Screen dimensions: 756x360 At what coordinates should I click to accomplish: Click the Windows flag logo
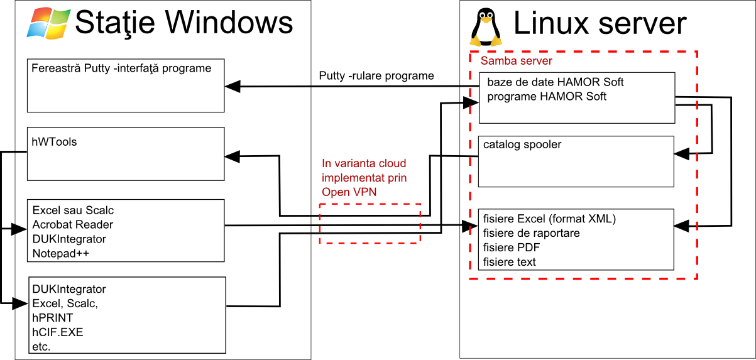(48, 23)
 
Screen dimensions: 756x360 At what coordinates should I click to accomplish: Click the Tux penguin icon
(486, 27)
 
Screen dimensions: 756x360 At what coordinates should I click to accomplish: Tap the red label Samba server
(517, 61)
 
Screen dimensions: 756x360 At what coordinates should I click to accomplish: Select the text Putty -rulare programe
(376, 75)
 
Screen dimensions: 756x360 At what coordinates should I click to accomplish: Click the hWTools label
(54, 142)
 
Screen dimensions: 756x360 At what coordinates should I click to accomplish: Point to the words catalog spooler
(522, 145)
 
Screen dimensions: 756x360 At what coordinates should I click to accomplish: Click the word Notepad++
(61, 253)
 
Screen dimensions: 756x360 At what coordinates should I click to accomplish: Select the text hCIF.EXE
(57, 332)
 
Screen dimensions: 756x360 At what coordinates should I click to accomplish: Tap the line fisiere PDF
(512, 248)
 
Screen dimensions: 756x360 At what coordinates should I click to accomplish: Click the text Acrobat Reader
(72, 224)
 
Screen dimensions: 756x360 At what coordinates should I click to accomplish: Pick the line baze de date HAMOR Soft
(555, 82)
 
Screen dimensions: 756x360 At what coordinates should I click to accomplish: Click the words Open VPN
(349, 192)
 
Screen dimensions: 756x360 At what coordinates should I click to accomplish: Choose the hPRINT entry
(52, 317)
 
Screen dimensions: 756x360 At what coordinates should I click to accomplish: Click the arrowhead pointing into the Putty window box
(233, 86)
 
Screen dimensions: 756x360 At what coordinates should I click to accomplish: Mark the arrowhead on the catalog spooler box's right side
(682, 154)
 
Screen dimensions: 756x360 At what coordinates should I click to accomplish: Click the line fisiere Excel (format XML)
(549, 219)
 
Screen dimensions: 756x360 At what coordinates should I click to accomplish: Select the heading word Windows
(229, 23)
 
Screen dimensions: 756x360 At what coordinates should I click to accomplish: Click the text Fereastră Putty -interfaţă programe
(121, 68)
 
